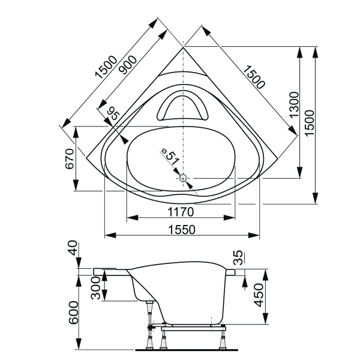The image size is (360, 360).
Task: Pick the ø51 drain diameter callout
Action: click(170, 158)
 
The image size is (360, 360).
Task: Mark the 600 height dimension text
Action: click(73, 312)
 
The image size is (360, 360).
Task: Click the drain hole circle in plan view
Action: click(184, 178)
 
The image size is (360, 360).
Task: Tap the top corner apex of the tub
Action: click(183, 47)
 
